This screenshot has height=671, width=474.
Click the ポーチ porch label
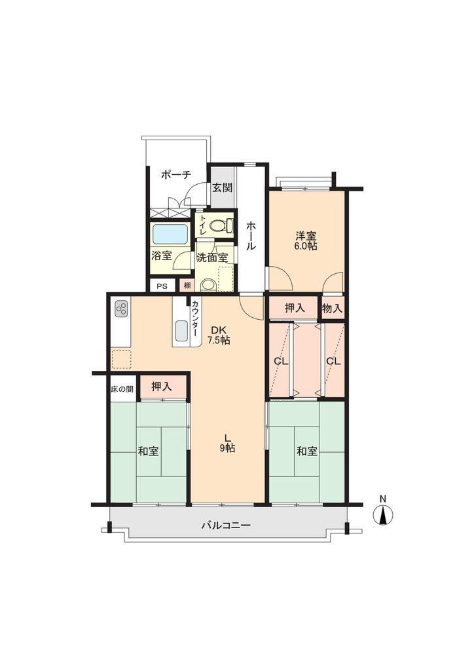pos(176,174)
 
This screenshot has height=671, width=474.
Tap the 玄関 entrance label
pos(222,187)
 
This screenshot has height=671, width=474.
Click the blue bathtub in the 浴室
pos(170,234)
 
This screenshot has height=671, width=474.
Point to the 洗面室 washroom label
pos(212,258)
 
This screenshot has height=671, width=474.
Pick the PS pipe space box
pos(162,286)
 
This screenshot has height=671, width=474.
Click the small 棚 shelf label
pos(187,286)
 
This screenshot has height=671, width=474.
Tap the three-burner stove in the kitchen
pos(121,309)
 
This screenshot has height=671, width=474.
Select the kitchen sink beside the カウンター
pos(181,332)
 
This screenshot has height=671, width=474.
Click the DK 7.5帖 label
pos(219,336)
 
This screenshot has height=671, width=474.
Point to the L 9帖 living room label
pos(227,444)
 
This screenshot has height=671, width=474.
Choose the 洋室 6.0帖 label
pos(306,241)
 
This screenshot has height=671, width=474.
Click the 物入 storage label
pos(333,308)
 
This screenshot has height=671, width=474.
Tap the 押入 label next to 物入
pos(295,307)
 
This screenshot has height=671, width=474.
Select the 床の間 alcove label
pos(122,389)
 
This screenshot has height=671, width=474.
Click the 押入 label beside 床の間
pos(162,387)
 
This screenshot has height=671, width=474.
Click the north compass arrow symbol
pos(383,515)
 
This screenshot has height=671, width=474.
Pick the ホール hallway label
pos(251,235)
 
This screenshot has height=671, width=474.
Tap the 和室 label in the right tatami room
pos(307,451)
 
